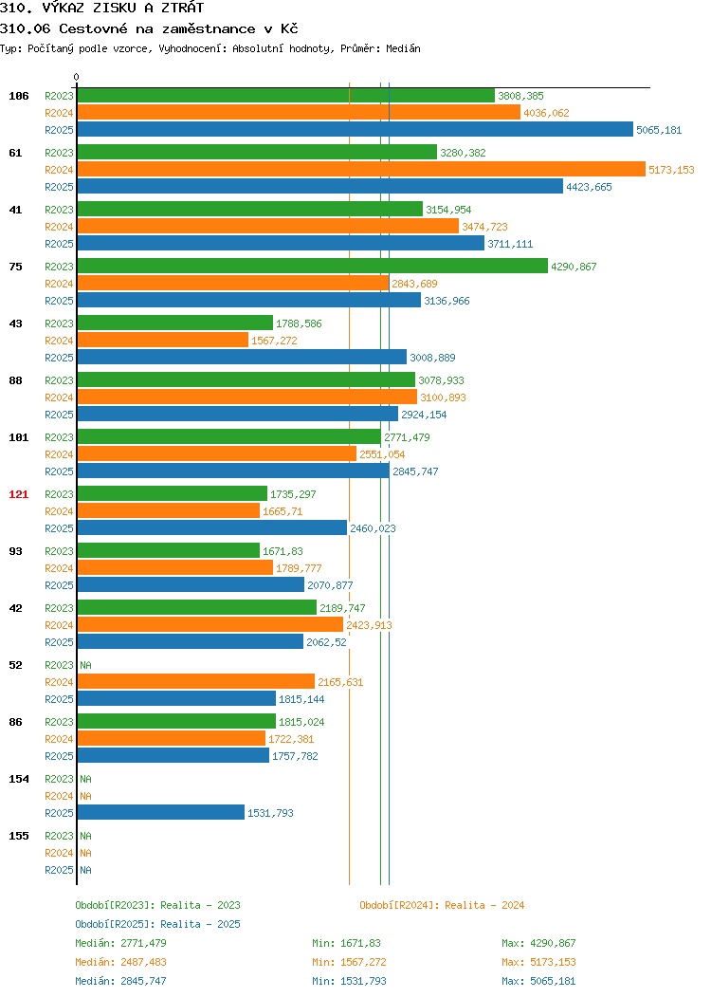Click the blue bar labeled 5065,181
[x=355, y=129]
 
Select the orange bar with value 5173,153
[x=361, y=169]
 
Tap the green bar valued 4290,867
[x=312, y=266]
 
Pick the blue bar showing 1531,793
[x=161, y=812]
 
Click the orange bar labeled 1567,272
[x=163, y=340]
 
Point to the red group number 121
[x=18, y=494]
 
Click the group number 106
[x=18, y=96]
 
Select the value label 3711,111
[x=510, y=244]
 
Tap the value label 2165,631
[x=340, y=682]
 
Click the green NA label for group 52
[x=86, y=665]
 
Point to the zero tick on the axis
[x=77, y=78]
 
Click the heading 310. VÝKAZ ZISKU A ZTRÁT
[x=101, y=8]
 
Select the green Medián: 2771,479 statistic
[x=120, y=943]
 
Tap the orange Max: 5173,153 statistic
[x=538, y=962]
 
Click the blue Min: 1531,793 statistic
[x=349, y=982]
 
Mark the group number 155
[x=18, y=836]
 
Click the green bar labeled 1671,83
[x=169, y=550]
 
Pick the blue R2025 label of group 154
[x=59, y=813]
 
